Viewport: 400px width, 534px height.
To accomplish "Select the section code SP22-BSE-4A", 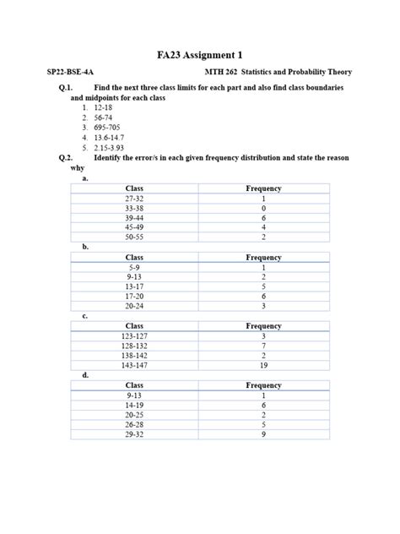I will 76,74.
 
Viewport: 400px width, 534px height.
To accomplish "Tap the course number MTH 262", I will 223,74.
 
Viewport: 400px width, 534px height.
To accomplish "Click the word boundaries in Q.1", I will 314,88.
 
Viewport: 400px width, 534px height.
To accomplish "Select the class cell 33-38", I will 134,207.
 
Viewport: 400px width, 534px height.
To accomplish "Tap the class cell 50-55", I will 134,237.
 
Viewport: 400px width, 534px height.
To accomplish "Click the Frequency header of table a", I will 263,188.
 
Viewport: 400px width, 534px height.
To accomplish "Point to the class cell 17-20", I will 134,296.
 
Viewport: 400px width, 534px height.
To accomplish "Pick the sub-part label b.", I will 85,247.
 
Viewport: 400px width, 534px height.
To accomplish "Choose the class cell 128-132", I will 134,346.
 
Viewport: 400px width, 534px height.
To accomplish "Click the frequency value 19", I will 263,365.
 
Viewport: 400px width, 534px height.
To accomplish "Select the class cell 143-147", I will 134,365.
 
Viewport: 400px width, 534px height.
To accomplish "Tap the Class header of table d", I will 134,384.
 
